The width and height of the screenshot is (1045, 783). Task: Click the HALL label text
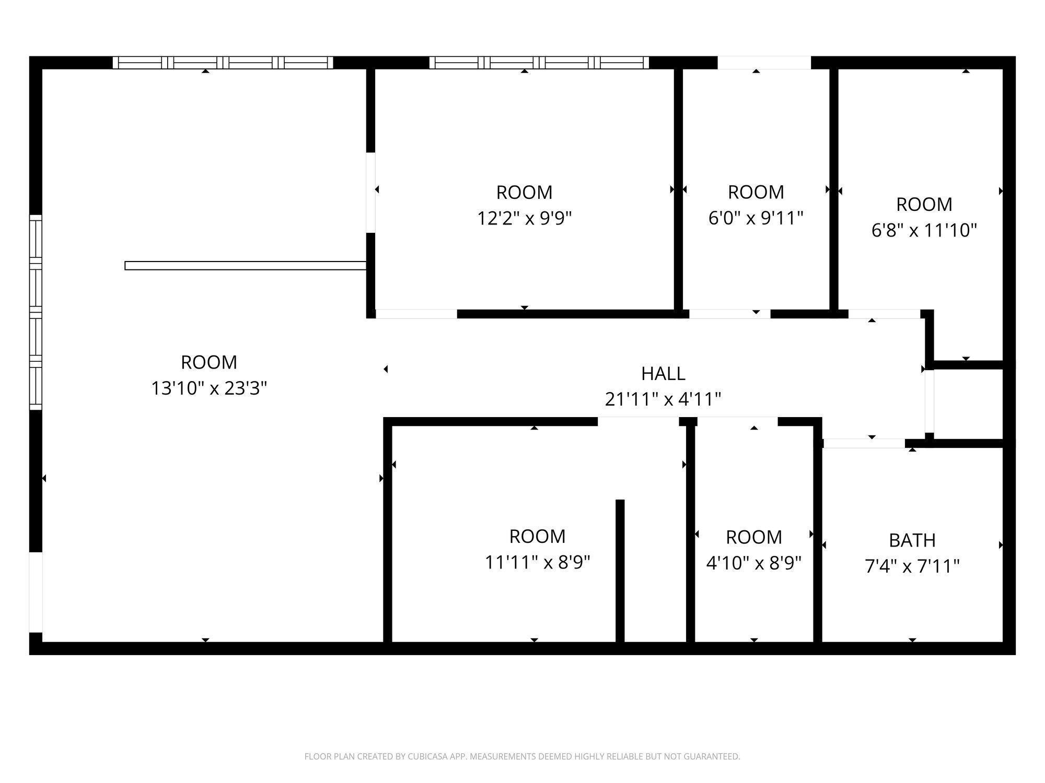(x=663, y=374)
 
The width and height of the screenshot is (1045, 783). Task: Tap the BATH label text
(x=912, y=540)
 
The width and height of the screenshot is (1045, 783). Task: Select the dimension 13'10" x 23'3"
(x=209, y=388)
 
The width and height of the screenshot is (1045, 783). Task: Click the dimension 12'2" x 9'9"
(x=524, y=218)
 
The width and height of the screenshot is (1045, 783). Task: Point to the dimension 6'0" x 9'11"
(x=756, y=218)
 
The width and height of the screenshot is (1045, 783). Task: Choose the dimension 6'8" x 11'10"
(x=924, y=230)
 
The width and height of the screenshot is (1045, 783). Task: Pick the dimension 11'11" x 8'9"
(x=537, y=562)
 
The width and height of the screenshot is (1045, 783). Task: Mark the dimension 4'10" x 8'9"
(x=753, y=563)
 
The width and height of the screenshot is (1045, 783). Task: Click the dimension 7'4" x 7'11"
(x=912, y=566)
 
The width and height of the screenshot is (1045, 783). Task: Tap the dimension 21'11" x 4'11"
(x=663, y=400)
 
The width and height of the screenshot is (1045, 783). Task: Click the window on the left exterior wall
(x=35, y=312)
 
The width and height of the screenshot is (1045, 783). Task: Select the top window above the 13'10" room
(x=223, y=63)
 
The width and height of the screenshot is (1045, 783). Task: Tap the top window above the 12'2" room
(x=539, y=63)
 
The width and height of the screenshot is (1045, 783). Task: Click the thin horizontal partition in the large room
(x=245, y=266)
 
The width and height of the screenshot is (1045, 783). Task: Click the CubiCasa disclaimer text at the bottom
(x=522, y=756)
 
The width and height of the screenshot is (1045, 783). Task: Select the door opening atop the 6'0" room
(x=764, y=63)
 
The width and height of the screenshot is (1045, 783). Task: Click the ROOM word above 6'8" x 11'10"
(x=924, y=205)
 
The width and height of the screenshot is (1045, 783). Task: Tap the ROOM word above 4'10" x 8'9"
(x=753, y=537)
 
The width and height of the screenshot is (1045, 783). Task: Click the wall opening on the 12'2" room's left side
(x=370, y=193)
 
